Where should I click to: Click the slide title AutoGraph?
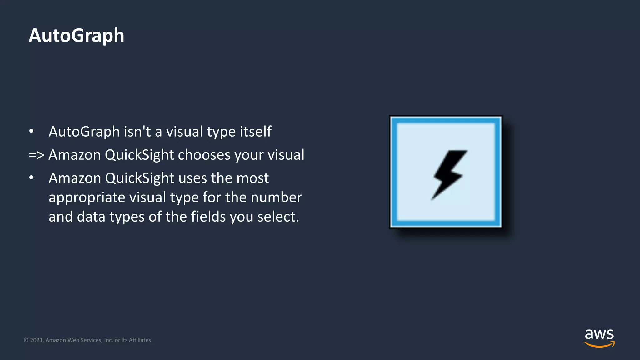click(x=76, y=36)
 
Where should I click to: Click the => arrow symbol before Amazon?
click(x=36, y=155)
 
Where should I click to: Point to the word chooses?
click(x=204, y=155)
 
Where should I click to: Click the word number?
click(x=276, y=197)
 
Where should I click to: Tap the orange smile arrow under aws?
click(x=599, y=345)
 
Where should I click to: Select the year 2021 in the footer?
click(x=37, y=340)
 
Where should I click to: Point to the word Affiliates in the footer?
click(x=140, y=340)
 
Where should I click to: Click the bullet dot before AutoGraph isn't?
click(x=31, y=132)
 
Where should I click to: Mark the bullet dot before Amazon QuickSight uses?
click(x=31, y=178)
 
